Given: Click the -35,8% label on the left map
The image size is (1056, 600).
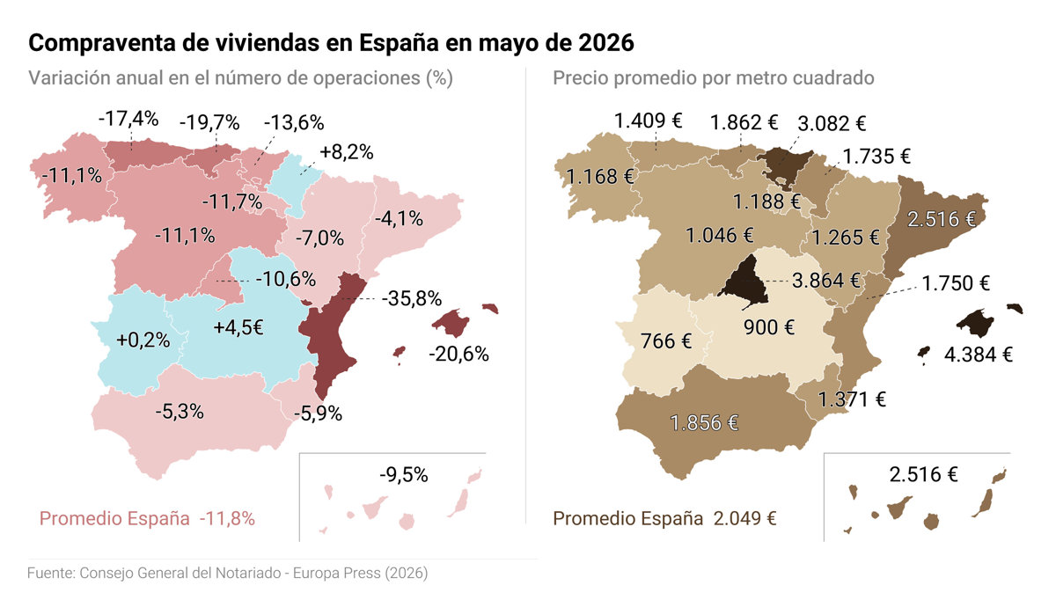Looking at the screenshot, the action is (x=412, y=298).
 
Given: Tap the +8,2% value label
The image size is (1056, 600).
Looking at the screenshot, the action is (x=347, y=152).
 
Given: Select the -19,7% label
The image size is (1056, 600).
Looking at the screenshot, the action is (x=209, y=122).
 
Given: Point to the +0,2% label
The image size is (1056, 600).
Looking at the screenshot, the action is (x=143, y=340).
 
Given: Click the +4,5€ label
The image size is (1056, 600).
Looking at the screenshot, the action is (x=238, y=327).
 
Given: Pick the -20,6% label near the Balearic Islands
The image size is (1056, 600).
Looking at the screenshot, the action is (x=458, y=354).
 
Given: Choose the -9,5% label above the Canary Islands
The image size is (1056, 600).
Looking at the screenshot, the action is (x=404, y=474).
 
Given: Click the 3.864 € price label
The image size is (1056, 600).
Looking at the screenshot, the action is (x=826, y=281).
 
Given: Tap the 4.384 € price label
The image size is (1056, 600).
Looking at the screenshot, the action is (x=979, y=355).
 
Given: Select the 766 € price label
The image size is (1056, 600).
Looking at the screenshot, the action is (x=665, y=340).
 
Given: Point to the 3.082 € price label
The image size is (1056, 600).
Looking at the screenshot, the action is (x=832, y=123).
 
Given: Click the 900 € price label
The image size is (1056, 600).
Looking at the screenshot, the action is (x=769, y=327).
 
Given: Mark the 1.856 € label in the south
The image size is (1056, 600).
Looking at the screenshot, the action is (x=704, y=423).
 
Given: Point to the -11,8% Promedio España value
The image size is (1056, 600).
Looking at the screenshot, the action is (x=227, y=518).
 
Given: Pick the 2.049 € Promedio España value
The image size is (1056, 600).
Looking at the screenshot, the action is (x=744, y=518).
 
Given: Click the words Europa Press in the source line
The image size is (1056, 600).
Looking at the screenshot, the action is (x=336, y=573).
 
